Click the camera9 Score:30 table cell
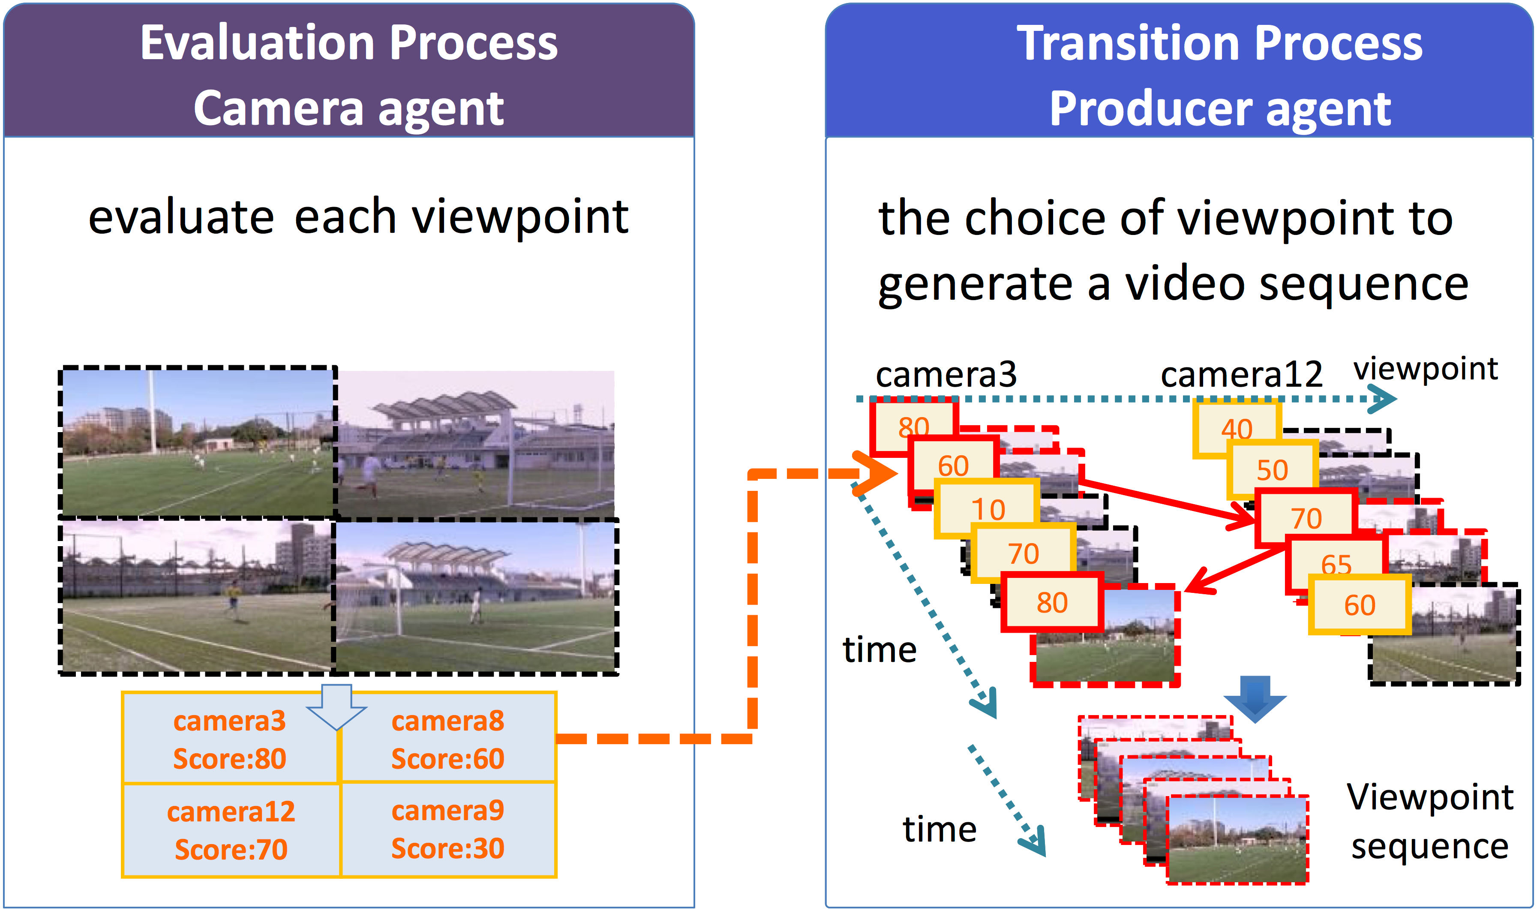[448, 830]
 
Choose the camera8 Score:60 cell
[448, 739]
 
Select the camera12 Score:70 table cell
[231, 830]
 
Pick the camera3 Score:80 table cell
[230, 739]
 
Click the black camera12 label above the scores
[1241, 374]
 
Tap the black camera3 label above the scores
[946, 374]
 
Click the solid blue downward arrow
[1255, 699]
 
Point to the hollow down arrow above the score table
[337, 707]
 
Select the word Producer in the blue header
[1150, 109]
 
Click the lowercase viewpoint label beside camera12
[1425, 370]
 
